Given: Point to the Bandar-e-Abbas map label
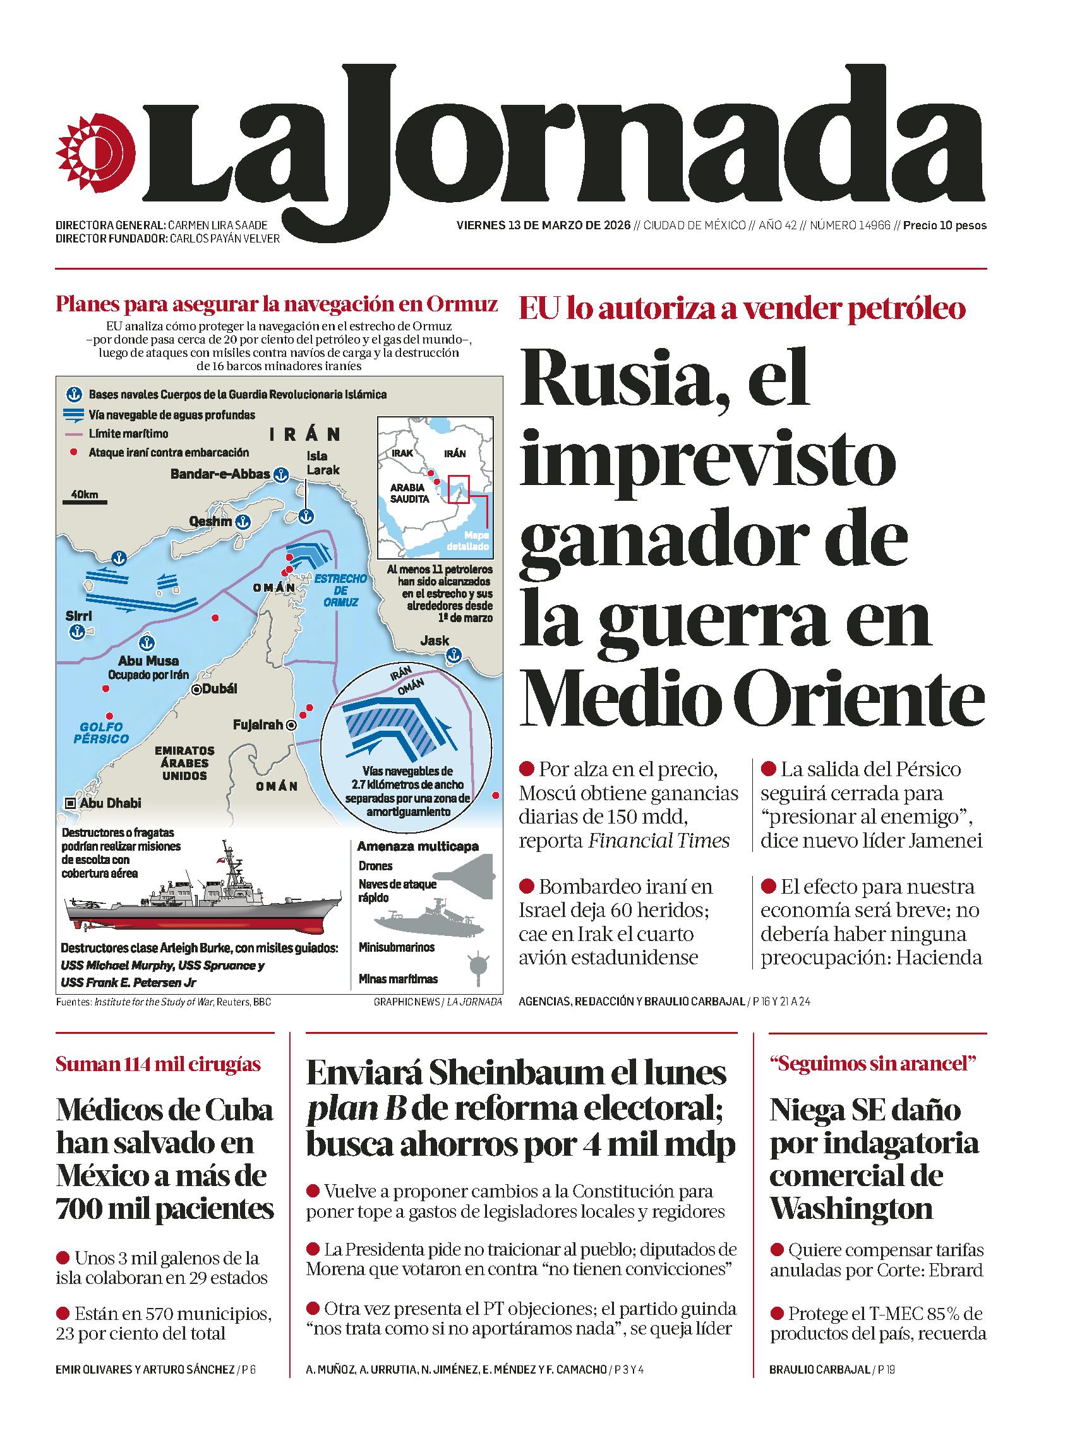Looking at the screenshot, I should pyautogui.click(x=220, y=474).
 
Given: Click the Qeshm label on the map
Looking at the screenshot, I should pyautogui.click(x=210, y=521).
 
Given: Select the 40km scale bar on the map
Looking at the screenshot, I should pyautogui.click(x=84, y=500).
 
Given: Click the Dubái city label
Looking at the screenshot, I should pyautogui.click(x=219, y=688).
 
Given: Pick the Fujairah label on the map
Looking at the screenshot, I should pyautogui.click(x=257, y=725).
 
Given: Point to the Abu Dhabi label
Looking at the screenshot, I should pyautogui.click(x=110, y=803).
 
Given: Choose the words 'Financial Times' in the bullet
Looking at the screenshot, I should pyautogui.click(x=658, y=841).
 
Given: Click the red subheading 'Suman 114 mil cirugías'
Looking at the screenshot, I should pyautogui.click(x=158, y=1064).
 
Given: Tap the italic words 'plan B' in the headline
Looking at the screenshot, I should pyautogui.click(x=356, y=1110).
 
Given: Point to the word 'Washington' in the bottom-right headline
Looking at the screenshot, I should pyautogui.click(x=851, y=1209).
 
